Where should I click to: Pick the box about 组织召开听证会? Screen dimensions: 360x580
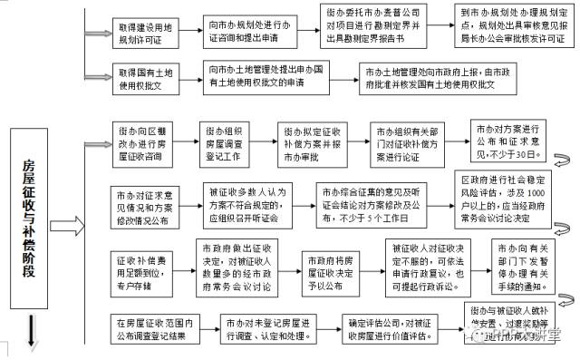246,205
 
